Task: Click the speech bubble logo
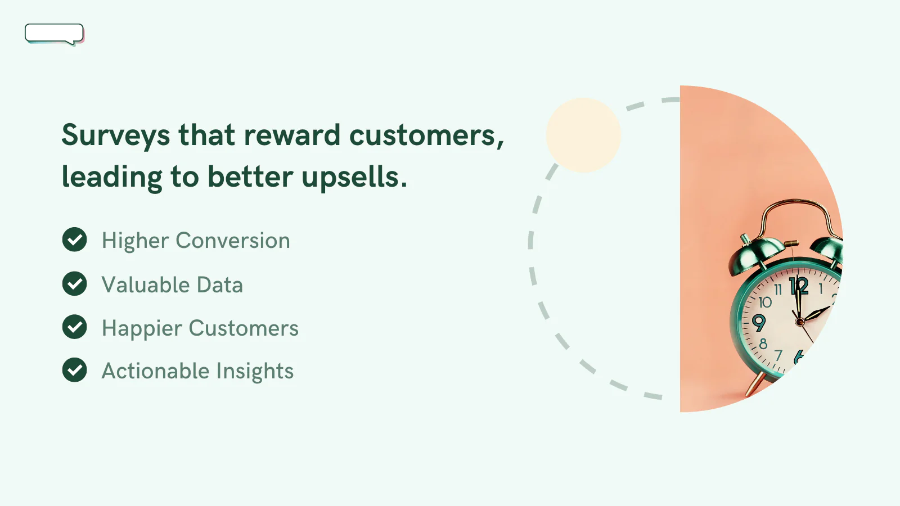[x=54, y=34]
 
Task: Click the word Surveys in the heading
[x=116, y=135]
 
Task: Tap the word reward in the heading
[x=292, y=135]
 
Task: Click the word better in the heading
[x=250, y=177]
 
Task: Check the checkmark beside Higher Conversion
[x=74, y=240]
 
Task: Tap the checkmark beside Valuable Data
[x=74, y=283]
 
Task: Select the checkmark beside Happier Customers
[x=74, y=327]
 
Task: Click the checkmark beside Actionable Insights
[x=74, y=370]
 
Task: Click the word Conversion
[x=233, y=241]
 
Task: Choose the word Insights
[x=255, y=371]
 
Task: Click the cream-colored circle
[x=583, y=135]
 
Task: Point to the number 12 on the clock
[x=799, y=286]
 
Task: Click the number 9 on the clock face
[x=759, y=323]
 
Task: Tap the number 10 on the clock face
[x=765, y=302]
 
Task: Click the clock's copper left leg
[x=755, y=385]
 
